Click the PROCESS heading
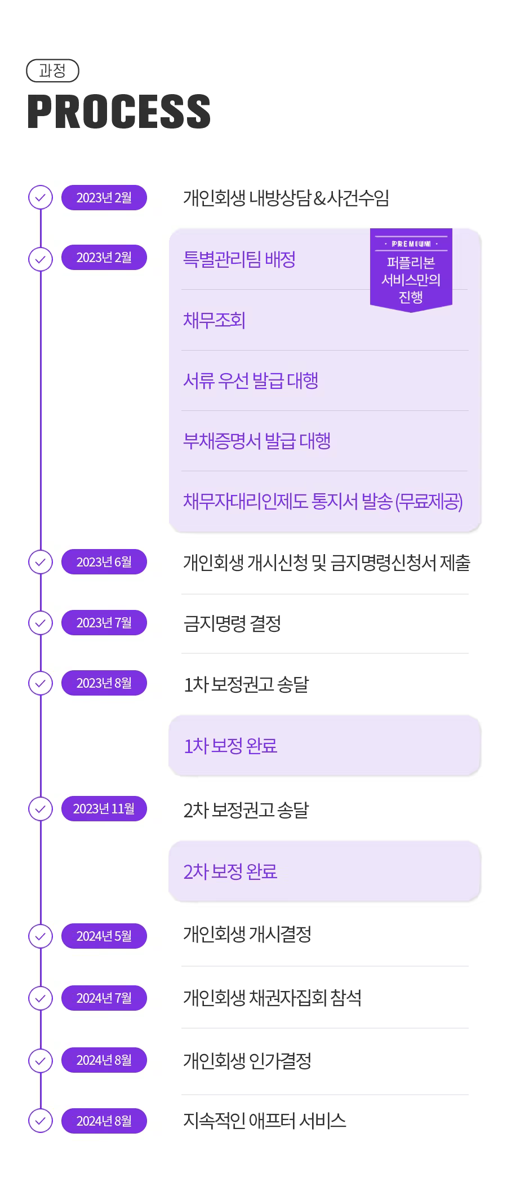click(119, 112)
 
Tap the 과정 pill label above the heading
click(52, 71)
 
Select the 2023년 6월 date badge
click(104, 562)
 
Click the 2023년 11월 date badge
click(104, 809)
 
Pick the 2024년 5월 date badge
click(104, 936)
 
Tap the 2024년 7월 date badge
click(104, 998)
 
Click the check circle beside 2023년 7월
click(41, 623)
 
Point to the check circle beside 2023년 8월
click(41, 683)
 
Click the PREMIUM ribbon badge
click(411, 270)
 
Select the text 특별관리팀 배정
click(239, 259)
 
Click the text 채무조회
click(214, 320)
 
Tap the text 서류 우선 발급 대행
click(251, 380)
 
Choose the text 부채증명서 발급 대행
click(257, 441)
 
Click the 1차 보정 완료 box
click(324, 746)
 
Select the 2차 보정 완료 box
click(324, 871)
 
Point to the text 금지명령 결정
click(232, 623)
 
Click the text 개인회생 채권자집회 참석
click(273, 998)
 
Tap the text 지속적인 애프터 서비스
click(265, 1121)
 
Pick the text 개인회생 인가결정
click(247, 1061)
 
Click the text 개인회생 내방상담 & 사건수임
click(286, 198)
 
